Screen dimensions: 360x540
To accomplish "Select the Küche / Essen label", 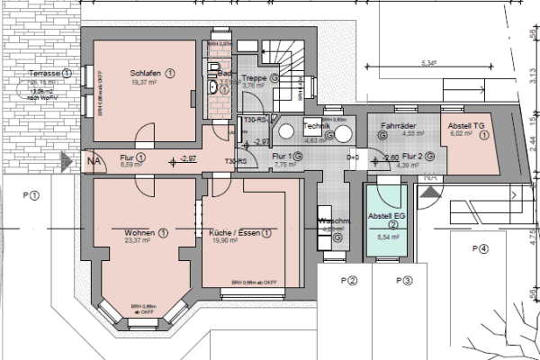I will (x=228, y=231).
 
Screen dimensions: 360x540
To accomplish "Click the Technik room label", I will (x=317, y=126).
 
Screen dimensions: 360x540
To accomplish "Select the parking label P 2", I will (x=349, y=280).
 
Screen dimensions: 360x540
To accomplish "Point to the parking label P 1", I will (x=33, y=193).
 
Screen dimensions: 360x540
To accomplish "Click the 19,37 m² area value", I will (x=144, y=82).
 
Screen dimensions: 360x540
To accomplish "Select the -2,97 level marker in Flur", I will (x=188, y=158).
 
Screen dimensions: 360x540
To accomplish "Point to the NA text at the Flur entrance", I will (x=94, y=163).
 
